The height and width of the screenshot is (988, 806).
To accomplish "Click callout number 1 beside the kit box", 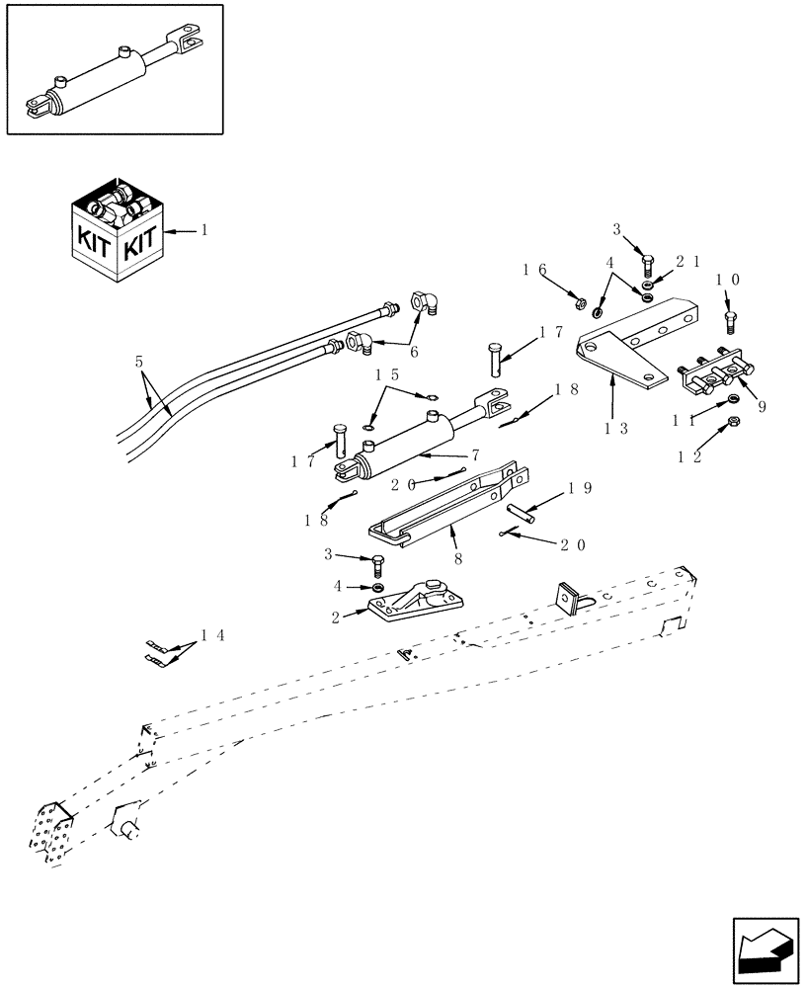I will click(203, 229).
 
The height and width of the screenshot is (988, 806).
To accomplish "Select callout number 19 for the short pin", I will click(578, 487).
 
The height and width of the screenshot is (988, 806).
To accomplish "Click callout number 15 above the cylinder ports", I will click(387, 375).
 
